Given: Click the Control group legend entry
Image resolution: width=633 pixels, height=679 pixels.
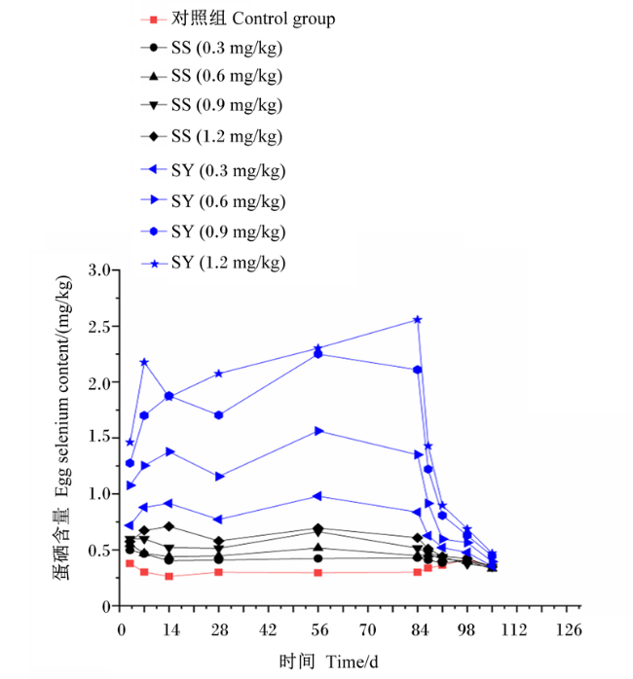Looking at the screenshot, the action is coord(238,19).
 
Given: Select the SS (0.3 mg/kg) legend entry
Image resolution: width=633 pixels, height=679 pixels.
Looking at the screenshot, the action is coord(211,48).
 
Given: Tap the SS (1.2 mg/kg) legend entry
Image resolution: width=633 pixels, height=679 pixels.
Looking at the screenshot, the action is coord(211,137).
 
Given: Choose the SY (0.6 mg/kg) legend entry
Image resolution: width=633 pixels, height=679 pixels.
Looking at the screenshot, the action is coord(213,201).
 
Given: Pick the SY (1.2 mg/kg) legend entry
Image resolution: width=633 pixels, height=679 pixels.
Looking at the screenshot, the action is coord(213,263).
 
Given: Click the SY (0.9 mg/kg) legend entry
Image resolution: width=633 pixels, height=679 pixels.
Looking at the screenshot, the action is coord(213,232).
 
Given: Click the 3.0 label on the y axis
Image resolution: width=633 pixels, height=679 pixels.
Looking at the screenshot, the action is coord(100,270).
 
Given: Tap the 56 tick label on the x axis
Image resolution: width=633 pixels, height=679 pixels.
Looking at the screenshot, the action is coord(319,630).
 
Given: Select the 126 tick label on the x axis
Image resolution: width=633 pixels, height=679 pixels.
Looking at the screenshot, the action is coord(569,630).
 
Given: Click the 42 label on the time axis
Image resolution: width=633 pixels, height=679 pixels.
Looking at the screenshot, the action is coord(268,630).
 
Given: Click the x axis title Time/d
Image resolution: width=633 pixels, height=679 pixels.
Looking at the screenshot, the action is coord(353,661).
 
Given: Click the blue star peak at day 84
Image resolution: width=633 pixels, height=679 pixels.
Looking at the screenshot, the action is coord(418,320).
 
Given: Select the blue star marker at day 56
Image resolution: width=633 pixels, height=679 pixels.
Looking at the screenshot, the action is coord(317,348).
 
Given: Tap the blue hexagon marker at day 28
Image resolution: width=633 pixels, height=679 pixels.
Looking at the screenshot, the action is coord(219,415).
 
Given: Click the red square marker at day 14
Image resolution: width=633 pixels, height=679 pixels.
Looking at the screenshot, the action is coord(169,576).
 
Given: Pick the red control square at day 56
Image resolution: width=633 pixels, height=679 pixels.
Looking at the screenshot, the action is coord(317,572).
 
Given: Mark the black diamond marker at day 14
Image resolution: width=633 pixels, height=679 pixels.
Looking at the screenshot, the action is coord(169,526).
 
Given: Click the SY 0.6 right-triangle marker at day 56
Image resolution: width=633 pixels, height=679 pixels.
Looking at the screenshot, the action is coord(318,431).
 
